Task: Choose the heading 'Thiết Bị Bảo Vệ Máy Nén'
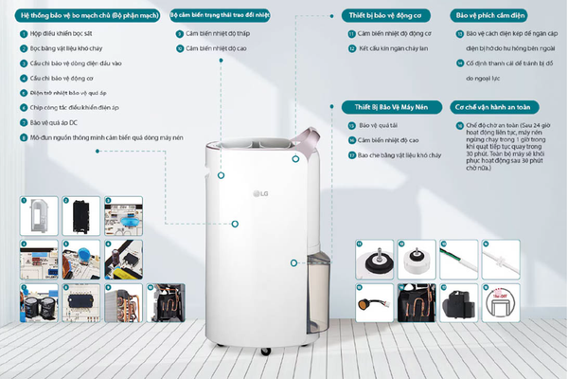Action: [x=383, y=108]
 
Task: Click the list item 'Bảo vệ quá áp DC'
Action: [x=58, y=122]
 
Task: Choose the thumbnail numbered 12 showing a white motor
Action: [x=416, y=255]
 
